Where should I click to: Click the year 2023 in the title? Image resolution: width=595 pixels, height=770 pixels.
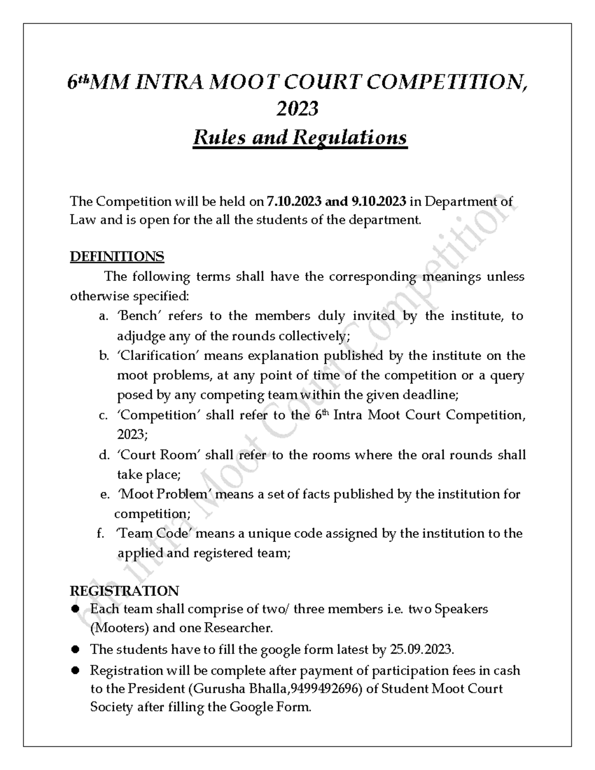pos(297,109)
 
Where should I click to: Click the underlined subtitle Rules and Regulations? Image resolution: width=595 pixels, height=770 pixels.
pos(300,137)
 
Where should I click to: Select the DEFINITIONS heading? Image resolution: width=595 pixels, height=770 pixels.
pos(117,257)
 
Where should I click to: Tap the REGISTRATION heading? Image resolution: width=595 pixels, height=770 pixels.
pos(124,591)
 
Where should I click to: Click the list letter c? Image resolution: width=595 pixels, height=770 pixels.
pos(103,415)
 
